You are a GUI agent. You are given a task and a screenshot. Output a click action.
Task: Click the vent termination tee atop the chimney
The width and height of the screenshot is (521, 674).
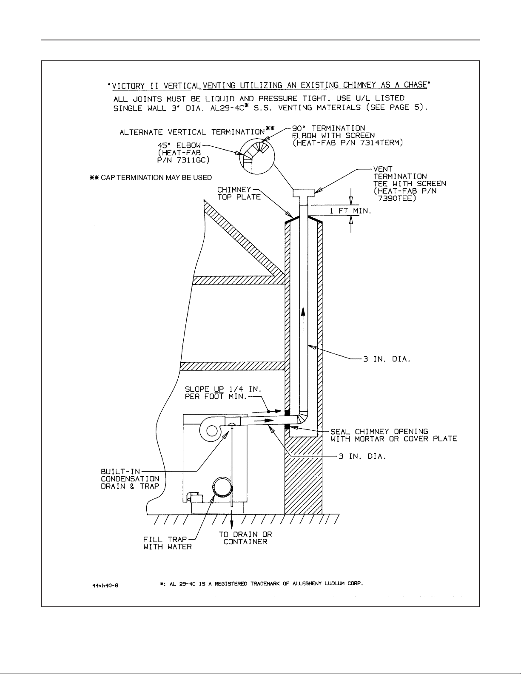point(303,193)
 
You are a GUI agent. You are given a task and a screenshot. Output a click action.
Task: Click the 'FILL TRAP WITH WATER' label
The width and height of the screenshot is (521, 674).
point(168,543)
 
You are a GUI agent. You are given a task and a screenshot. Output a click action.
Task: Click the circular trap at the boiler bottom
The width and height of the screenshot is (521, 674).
point(222,486)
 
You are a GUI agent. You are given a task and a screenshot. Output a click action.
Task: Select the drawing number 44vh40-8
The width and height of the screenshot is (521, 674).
point(105,585)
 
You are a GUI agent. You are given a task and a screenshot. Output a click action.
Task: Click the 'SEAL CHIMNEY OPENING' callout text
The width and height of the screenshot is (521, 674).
point(379,432)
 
